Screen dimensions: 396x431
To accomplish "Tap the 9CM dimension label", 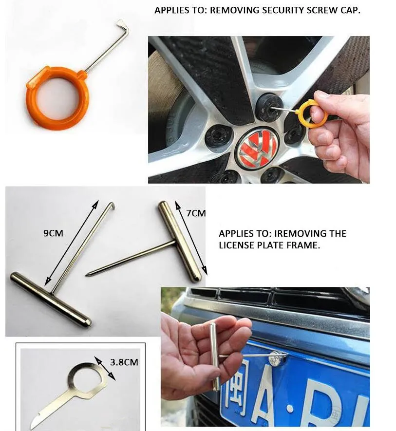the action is pyautogui.click(x=54, y=233).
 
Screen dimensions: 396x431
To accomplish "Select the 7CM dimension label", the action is pyautogui.click(x=196, y=213).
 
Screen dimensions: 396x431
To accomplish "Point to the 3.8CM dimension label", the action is pyautogui.click(x=124, y=362).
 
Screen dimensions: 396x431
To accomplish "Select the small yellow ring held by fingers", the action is pyautogui.click(x=313, y=112).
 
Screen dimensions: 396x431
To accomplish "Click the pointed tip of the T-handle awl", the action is pyautogui.click(x=87, y=275).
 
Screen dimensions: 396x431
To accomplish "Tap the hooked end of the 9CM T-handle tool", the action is pyautogui.click(x=112, y=205).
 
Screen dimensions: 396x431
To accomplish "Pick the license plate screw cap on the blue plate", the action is pyautogui.click(x=277, y=357).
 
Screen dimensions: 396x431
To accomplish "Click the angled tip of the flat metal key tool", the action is pyautogui.click(x=35, y=421).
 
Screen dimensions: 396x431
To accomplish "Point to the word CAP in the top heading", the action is pyautogui.click(x=351, y=10).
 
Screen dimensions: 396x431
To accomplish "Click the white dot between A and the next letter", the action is pyautogui.click(x=290, y=409).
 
